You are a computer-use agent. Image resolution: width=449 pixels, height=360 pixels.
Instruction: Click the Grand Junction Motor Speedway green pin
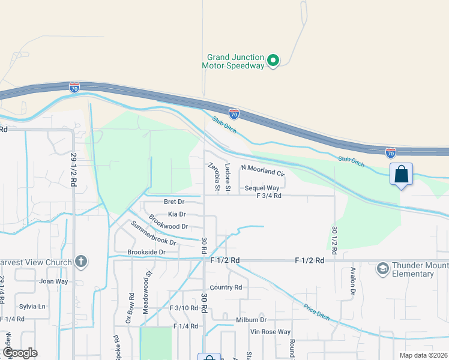[273, 60]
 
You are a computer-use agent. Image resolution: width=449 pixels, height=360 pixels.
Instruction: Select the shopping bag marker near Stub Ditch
[401, 175]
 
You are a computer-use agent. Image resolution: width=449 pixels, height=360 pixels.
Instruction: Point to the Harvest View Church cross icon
[81, 262]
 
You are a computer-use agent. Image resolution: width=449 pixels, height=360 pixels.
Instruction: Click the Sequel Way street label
[262, 188]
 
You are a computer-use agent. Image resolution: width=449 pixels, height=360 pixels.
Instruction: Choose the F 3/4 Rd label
[268, 196]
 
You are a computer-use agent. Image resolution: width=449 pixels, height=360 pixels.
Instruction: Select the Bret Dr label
[173, 202]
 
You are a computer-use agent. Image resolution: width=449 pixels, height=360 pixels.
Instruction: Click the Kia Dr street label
[176, 214]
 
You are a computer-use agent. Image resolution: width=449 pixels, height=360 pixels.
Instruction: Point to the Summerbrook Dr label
[154, 235]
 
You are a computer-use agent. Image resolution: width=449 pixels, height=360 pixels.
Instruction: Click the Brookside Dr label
[146, 253]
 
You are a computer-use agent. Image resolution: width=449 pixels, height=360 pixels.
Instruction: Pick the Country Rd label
[226, 287]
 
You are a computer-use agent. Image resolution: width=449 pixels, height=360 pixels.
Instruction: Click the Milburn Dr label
[251, 320]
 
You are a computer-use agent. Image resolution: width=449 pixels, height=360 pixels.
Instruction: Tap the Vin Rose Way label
[270, 332]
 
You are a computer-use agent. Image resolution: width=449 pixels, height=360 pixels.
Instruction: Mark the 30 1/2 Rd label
[335, 238]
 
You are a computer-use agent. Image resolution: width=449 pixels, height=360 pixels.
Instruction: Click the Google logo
[20, 353]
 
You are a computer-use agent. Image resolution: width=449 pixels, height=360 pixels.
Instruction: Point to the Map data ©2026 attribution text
[423, 355]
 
